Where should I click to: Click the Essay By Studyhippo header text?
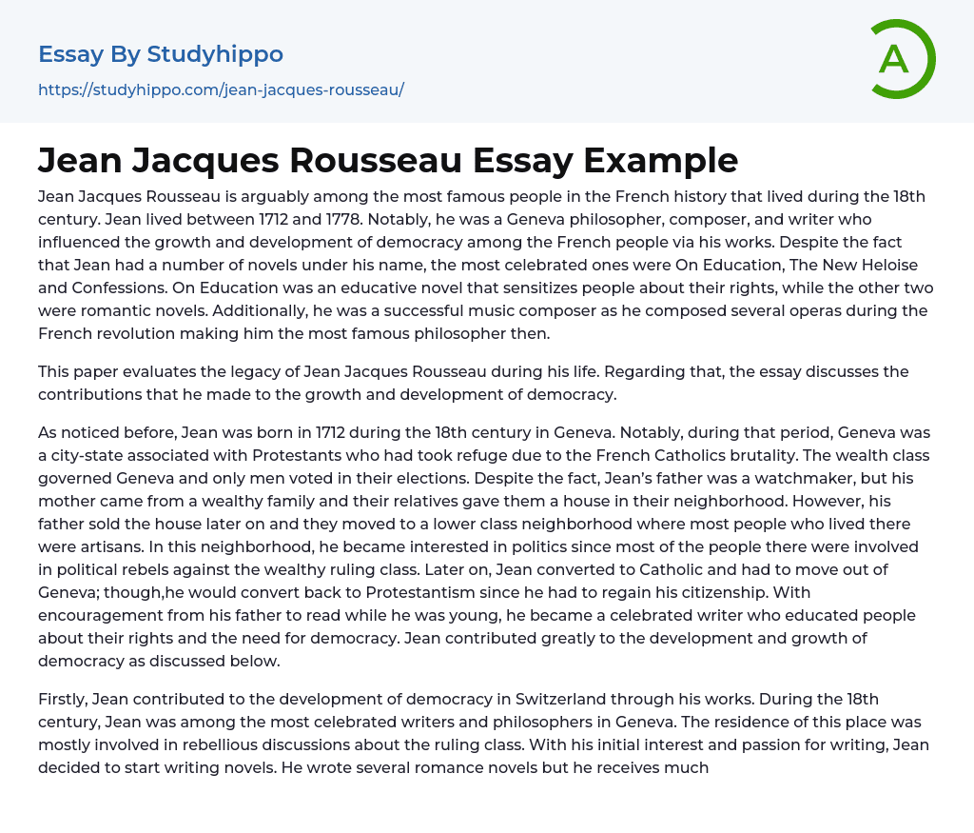pyautogui.click(x=161, y=54)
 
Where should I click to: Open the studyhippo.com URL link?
pyautogui.click(x=221, y=89)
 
